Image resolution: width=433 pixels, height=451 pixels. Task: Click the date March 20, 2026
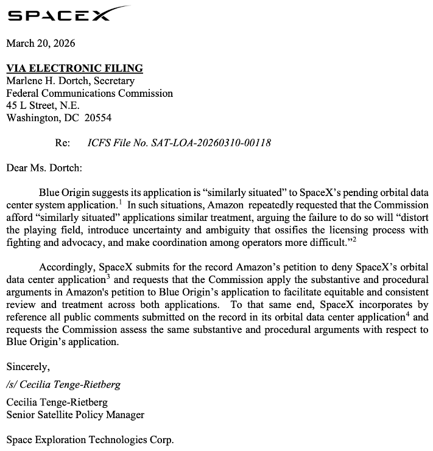[41, 44]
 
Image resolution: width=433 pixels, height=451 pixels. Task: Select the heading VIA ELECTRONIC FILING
[74, 69]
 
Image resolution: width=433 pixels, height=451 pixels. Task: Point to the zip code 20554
[98, 117]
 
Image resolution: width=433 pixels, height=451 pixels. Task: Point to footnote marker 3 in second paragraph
[108, 276]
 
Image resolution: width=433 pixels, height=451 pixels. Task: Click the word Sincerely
[28, 366]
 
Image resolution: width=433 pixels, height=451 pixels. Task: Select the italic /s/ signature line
[63, 385]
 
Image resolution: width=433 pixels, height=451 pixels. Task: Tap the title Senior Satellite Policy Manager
[76, 415]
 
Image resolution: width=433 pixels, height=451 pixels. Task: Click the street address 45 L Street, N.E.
[43, 105]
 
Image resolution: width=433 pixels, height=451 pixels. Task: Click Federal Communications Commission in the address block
[90, 93]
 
